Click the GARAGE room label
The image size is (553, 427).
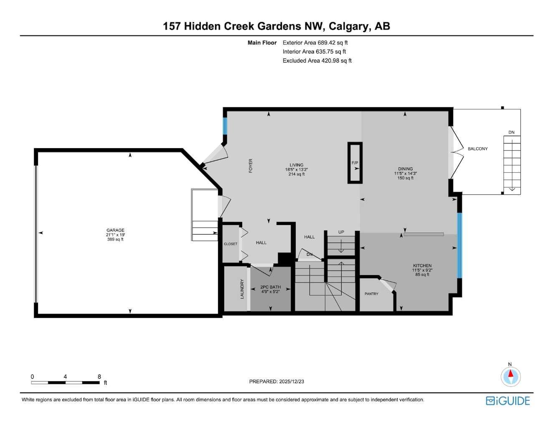(115, 230)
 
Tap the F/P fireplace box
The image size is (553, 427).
(355, 163)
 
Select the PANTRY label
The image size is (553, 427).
(371, 294)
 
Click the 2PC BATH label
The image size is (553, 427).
(270, 287)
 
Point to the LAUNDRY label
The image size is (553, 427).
(242, 289)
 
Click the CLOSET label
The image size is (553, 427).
(231, 244)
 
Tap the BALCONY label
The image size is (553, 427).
(477, 149)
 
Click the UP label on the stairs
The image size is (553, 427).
(341, 232)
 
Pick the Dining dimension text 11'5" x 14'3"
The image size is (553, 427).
(405, 174)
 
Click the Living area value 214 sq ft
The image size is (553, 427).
(297, 174)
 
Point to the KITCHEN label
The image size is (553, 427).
(422, 265)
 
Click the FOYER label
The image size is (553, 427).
(251, 166)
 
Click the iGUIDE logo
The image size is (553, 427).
(508, 401)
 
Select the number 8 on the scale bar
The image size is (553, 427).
(99, 376)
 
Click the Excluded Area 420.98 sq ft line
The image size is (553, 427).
(317, 61)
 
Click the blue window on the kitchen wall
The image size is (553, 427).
(459, 245)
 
